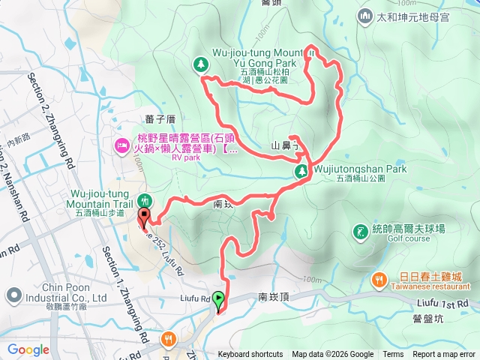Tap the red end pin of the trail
[144, 218]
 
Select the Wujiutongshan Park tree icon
[301, 171]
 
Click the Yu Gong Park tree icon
[201, 65]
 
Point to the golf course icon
[361, 231]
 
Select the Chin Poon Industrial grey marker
[13, 293]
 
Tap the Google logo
[28, 349]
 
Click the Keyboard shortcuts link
[250, 355]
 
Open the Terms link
[393, 355]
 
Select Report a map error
[444, 355]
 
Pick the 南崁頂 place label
[273, 297]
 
